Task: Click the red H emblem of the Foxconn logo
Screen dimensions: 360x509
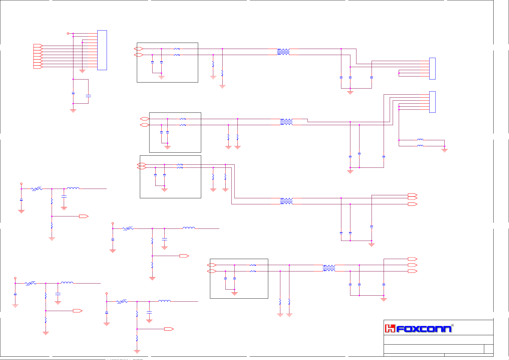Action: coord(390,328)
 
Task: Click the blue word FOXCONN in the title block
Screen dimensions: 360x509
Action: coord(424,329)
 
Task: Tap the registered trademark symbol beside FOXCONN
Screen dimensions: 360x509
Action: coord(452,326)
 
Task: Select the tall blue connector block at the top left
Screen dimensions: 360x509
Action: coord(102,50)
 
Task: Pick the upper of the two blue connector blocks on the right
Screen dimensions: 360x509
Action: coord(432,69)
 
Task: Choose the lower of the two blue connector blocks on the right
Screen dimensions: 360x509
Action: coord(432,102)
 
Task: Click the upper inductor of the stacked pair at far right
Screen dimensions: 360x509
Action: coord(420,140)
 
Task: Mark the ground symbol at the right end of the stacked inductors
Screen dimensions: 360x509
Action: coord(444,150)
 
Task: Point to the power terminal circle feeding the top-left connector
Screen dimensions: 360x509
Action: coord(68,34)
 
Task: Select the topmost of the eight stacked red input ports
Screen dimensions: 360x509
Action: coord(38,46)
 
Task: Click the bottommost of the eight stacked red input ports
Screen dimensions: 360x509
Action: coord(38,67)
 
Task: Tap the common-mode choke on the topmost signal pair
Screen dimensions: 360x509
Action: coord(283,52)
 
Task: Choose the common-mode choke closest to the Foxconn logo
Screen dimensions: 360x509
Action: coord(329,268)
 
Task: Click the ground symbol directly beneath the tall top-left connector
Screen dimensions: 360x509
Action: coord(82,72)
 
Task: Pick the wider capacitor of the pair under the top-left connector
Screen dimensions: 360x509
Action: coord(88,96)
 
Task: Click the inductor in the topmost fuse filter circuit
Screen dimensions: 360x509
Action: coord(73,188)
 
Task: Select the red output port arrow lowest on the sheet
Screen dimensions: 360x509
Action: coord(169,329)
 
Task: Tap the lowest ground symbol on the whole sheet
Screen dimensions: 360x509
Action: coord(137,352)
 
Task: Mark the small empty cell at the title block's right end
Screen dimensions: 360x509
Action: coord(488,349)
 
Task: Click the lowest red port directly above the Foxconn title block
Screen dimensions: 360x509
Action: coord(412,271)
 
